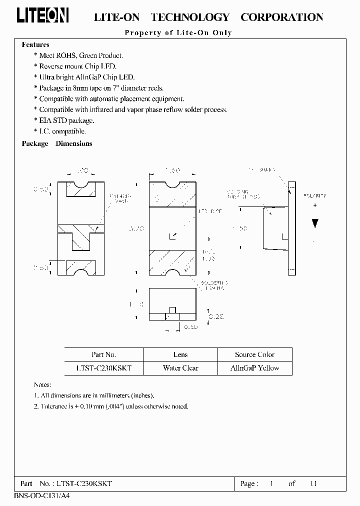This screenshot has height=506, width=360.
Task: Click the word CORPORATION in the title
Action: [x=281, y=17]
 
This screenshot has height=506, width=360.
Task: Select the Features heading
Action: [x=35, y=44]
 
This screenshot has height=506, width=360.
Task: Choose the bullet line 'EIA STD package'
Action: [x=66, y=120]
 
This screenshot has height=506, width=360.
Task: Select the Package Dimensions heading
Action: [x=57, y=143]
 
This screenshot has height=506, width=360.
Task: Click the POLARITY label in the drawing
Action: [x=314, y=195]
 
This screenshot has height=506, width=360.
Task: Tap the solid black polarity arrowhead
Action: [x=314, y=223]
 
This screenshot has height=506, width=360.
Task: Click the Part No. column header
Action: [x=104, y=354]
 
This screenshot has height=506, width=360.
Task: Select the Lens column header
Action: [x=180, y=354]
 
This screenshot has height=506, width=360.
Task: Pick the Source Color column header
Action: [x=254, y=354]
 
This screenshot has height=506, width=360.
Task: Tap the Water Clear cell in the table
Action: [x=180, y=368]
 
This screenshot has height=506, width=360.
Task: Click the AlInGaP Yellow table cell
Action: [x=254, y=368]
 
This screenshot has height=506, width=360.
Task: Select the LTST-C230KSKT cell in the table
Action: [x=104, y=368]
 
